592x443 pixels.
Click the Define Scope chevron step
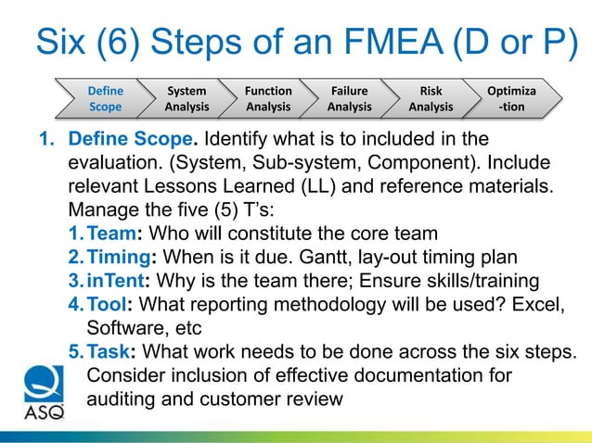(105, 99)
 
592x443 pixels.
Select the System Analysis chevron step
(187, 99)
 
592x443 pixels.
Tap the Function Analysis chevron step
(268, 99)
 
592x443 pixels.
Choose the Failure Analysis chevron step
(349, 99)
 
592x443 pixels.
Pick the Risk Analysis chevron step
(431, 99)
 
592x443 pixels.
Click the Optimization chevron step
(511, 99)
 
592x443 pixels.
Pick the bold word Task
(107, 352)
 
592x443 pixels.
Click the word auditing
(119, 399)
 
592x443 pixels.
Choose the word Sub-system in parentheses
(283, 162)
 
